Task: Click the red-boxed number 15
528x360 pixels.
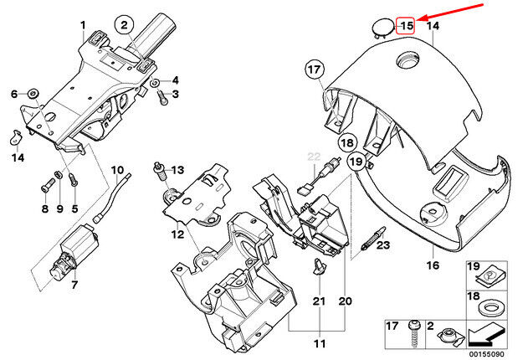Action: [x=407, y=26]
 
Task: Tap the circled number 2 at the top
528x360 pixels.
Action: [x=124, y=24]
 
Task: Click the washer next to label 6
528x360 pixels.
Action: [x=34, y=93]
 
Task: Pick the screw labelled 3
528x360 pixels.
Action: [x=162, y=98]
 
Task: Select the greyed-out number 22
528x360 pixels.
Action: [x=314, y=157]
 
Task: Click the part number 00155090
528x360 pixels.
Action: [x=487, y=354]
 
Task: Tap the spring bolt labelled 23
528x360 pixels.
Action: [x=373, y=239]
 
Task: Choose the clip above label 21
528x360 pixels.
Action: [x=319, y=265]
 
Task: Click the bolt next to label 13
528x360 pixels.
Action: [x=161, y=172]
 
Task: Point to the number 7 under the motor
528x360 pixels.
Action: [x=74, y=285]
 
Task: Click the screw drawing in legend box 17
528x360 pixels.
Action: [x=414, y=334]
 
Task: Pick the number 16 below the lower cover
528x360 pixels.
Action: [x=433, y=265]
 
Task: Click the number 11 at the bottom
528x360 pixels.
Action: [x=320, y=343]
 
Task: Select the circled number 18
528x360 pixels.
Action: [x=346, y=143]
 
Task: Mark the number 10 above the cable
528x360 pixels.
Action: [x=117, y=170]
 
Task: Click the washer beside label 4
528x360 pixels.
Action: [x=155, y=82]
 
